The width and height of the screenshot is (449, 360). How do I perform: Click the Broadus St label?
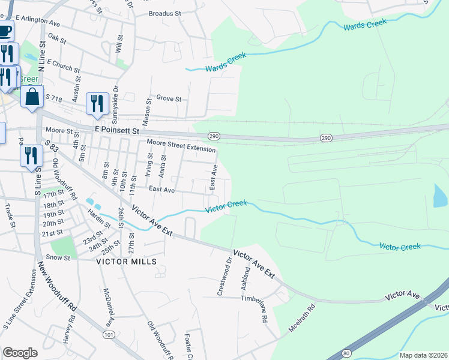click(x=164, y=13)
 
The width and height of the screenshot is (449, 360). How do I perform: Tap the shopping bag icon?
click(x=32, y=97)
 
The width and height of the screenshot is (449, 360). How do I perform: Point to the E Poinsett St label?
click(x=116, y=130)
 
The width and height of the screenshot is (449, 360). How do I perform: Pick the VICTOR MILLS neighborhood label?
click(x=127, y=262)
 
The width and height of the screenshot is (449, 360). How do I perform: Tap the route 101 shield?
click(x=109, y=334)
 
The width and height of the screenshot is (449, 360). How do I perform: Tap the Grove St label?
click(x=169, y=98)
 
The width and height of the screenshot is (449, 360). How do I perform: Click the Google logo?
click(x=20, y=353)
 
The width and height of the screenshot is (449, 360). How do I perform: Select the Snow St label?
click(x=58, y=257)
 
